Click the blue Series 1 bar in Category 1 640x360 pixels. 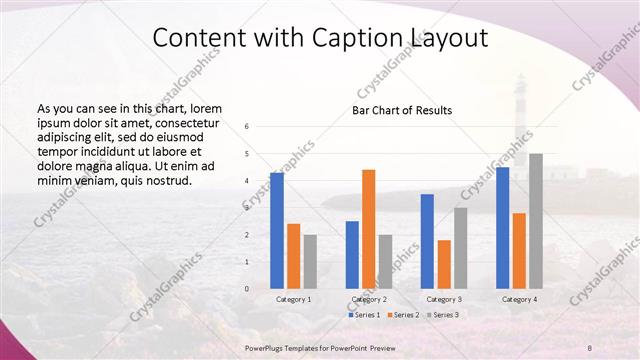click(x=277, y=231)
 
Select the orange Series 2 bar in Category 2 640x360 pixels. click(x=368, y=229)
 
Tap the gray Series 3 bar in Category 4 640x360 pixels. click(x=536, y=221)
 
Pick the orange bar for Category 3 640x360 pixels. click(x=444, y=264)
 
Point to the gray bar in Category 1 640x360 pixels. click(x=310, y=261)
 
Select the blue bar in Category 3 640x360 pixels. click(x=427, y=241)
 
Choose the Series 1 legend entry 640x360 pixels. click(x=363, y=314)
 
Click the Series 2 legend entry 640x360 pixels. click(x=403, y=314)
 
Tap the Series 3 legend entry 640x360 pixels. click(x=444, y=314)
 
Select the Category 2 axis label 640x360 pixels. click(x=368, y=299)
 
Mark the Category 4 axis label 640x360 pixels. click(x=519, y=299)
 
